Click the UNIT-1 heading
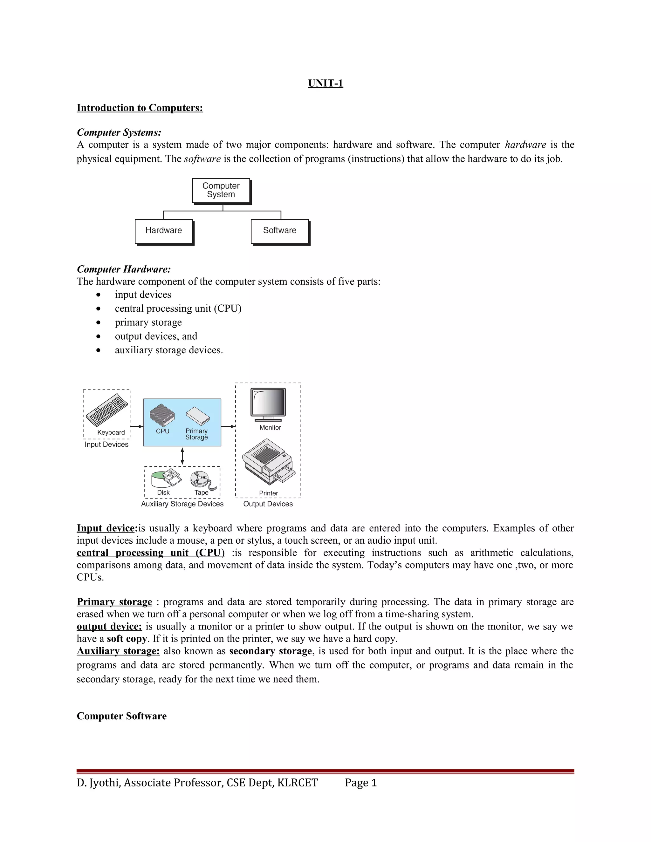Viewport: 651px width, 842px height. click(x=325, y=83)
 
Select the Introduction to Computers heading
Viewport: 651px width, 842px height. click(x=140, y=108)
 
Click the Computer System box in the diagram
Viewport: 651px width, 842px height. click(x=221, y=190)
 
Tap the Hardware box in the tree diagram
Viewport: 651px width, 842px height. click(x=163, y=231)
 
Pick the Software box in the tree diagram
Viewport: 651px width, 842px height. click(x=280, y=231)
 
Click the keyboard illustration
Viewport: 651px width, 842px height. click(x=107, y=410)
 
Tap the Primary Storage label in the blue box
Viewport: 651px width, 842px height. click(x=196, y=434)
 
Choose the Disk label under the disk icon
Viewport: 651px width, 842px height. click(x=163, y=493)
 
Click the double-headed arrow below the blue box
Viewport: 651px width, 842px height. click(x=182, y=456)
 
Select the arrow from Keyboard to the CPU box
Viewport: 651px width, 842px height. click(x=136, y=426)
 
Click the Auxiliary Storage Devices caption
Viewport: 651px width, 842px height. click(x=182, y=504)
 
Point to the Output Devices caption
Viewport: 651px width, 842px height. click(x=268, y=504)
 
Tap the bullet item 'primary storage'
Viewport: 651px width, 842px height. click(x=148, y=322)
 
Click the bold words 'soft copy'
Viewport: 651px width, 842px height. click(x=127, y=639)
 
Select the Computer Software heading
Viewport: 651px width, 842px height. click(x=121, y=716)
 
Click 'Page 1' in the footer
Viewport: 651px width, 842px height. click(x=360, y=783)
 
